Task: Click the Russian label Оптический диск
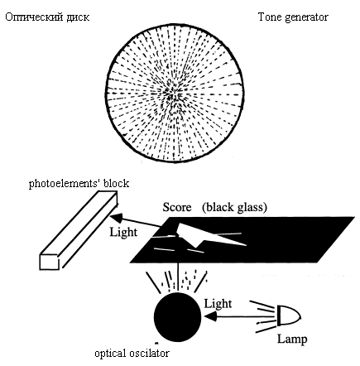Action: click(47, 17)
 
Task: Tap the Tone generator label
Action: click(293, 17)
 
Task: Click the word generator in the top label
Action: click(306, 17)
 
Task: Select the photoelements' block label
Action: click(79, 184)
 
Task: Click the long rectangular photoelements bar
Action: click(79, 230)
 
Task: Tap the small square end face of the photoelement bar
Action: click(50, 262)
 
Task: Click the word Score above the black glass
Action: click(177, 207)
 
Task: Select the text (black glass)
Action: click(234, 207)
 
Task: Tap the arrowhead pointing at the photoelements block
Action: click(116, 218)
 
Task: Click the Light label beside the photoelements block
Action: click(123, 232)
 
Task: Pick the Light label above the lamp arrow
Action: click(218, 304)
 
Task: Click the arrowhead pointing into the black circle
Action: click(209, 316)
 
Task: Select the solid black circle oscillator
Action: click(177, 317)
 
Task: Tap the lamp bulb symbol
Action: click(289, 315)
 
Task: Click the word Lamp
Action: click(292, 340)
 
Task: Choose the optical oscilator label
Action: click(132, 354)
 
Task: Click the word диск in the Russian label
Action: click(78, 17)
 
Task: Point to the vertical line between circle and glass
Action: click(178, 277)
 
